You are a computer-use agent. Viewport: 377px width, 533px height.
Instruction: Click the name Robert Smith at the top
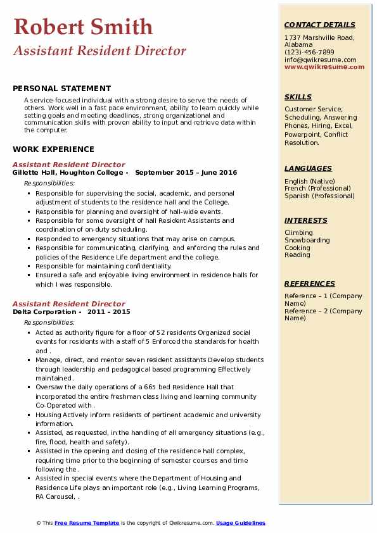(x=82, y=27)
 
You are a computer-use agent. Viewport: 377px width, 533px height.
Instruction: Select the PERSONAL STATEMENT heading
(x=61, y=89)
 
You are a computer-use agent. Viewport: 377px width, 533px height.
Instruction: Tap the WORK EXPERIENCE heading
(x=53, y=149)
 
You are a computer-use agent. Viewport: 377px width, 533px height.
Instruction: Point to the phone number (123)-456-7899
(x=309, y=53)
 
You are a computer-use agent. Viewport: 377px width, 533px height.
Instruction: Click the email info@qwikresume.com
(x=320, y=60)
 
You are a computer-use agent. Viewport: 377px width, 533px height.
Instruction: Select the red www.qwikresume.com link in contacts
(x=320, y=66)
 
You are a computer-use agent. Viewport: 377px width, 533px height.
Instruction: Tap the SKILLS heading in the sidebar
(x=298, y=97)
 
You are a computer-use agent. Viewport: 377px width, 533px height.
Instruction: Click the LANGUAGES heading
(x=308, y=168)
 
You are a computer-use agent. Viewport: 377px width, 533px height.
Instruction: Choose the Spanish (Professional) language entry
(x=319, y=196)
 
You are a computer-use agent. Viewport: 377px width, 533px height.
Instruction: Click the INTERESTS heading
(x=305, y=220)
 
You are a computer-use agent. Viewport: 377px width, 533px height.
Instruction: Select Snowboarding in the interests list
(x=307, y=241)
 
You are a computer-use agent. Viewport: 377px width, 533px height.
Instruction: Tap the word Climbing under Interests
(x=298, y=233)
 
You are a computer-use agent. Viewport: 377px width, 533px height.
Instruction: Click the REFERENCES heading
(x=309, y=284)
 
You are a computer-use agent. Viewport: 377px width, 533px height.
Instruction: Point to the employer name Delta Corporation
(x=44, y=311)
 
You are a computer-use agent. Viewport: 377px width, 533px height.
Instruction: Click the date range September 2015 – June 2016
(x=186, y=172)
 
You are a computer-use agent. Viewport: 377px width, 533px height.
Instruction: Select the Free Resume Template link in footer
(x=86, y=523)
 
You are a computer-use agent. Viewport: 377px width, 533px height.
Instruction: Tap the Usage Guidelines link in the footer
(x=240, y=523)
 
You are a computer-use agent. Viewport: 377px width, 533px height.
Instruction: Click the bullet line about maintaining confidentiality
(x=103, y=266)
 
